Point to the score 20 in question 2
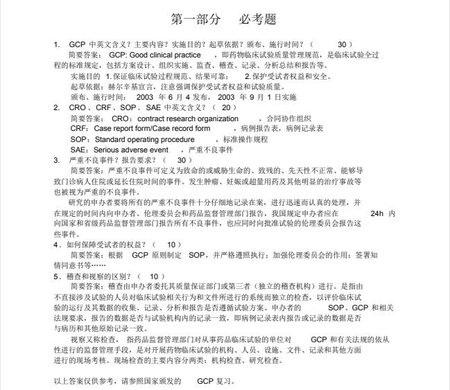tap(225, 108)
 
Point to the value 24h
tap(377, 213)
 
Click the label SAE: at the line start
tap(79, 150)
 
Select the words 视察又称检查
tap(94, 339)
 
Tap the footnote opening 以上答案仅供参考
tap(89, 381)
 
